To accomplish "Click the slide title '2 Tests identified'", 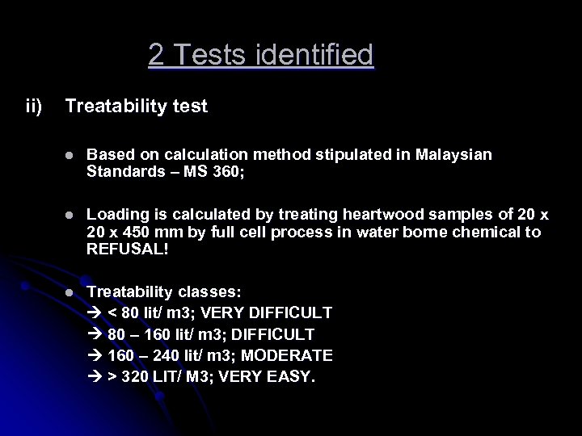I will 260,55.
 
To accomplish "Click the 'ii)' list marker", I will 34,106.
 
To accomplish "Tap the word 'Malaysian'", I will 453,154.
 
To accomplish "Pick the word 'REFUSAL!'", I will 127,250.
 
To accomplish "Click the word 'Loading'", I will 116,215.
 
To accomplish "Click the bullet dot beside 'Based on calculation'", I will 70,155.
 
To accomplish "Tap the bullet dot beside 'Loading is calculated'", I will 70,216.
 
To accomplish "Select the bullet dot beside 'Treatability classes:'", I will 70,291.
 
